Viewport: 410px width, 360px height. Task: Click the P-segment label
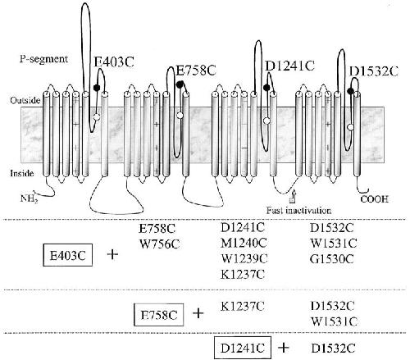point(43,59)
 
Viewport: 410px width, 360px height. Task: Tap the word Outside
point(25,101)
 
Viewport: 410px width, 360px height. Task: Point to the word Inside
point(22,173)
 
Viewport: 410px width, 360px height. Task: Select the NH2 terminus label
point(29,198)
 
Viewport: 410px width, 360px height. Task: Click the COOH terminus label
point(375,199)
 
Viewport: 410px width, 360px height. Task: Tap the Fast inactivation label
point(298,211)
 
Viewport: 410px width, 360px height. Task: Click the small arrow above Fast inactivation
point(294,197)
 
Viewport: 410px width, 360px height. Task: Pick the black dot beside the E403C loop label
point(97,88)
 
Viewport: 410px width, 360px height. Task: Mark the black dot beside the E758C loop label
point(180,84)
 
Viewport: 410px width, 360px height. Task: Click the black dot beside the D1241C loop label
point(266,88)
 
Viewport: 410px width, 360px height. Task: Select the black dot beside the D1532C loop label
point(351,91)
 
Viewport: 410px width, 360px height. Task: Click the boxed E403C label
point(68,255)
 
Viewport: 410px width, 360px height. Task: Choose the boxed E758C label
point(159,315)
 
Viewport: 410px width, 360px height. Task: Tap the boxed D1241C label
point(243,348)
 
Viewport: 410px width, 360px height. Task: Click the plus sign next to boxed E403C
point(112,255)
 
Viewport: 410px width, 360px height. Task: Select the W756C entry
point(159,244)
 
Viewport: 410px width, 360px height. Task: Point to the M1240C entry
point(244,243)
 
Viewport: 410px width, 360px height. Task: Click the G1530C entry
point(332,259)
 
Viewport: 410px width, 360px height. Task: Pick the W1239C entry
point(244,258)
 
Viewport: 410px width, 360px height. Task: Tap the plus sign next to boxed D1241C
point(284,348)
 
